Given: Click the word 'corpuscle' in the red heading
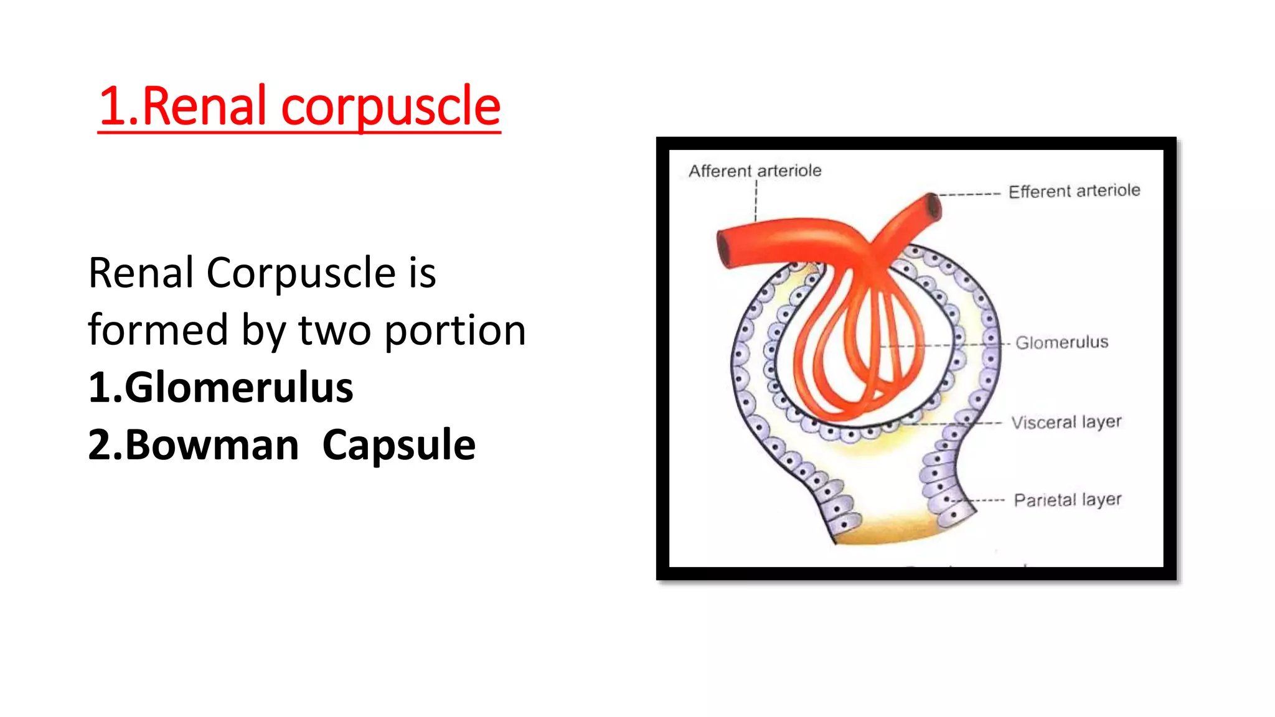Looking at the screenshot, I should click(x=390, y=106).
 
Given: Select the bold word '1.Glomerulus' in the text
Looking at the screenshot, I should click(x=220, y=387).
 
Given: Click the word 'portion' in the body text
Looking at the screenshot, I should click(x=454, y=330).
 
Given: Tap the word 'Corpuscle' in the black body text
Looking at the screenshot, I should click(x=301, y=273).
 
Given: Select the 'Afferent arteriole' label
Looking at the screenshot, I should click(x=755, y=171).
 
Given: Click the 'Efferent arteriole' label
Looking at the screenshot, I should click(x=1074, y=190).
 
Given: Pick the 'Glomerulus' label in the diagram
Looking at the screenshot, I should click(x=1061, y=342).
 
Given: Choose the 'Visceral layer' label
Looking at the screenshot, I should click(x=1066, y=422).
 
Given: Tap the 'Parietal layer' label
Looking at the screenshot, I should click(x=1067, y=500).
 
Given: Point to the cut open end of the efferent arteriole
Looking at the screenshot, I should click(x=933, y=207).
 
